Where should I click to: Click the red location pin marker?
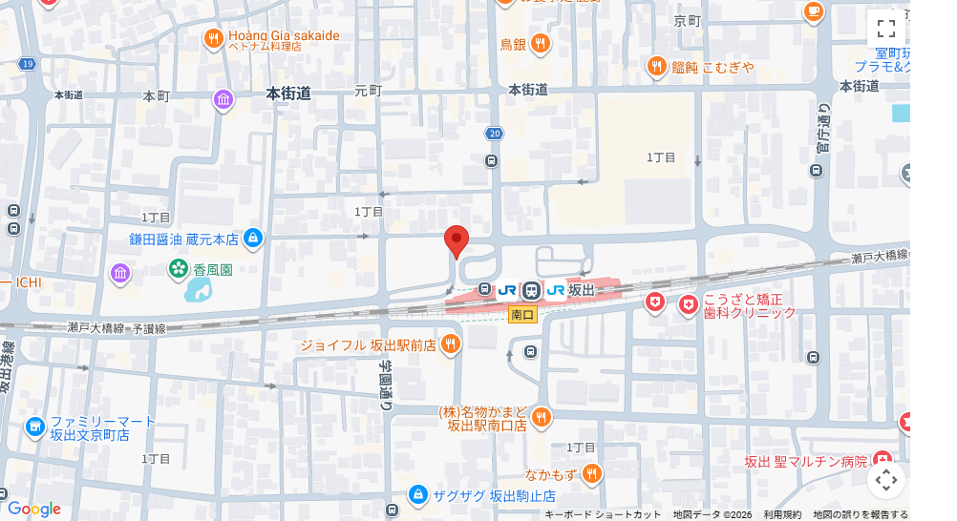(457, 241)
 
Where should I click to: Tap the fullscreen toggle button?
(885, 28)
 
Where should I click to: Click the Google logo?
(33, 510)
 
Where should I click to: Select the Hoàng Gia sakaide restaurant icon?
(214, 38)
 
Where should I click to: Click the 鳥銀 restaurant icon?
(541, 43)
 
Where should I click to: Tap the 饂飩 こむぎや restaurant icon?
(656, 66)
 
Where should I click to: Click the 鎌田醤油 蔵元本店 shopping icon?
(252, 238)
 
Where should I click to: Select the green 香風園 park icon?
(179, 270)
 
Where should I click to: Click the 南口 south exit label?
(522, 314)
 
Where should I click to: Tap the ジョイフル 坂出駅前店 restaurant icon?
(451, 344)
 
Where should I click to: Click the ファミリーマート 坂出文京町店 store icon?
(35, 427)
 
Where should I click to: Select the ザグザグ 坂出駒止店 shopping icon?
(417, 495)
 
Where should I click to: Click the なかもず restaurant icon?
(591, 472)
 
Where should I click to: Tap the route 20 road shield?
(494, 134)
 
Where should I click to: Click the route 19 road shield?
(27, 63)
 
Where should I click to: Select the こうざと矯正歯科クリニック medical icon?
(688, 304)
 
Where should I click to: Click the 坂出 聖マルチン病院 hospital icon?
(882, 460)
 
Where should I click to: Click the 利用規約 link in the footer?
(782, 514)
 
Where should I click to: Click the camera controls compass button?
(885, 479)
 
